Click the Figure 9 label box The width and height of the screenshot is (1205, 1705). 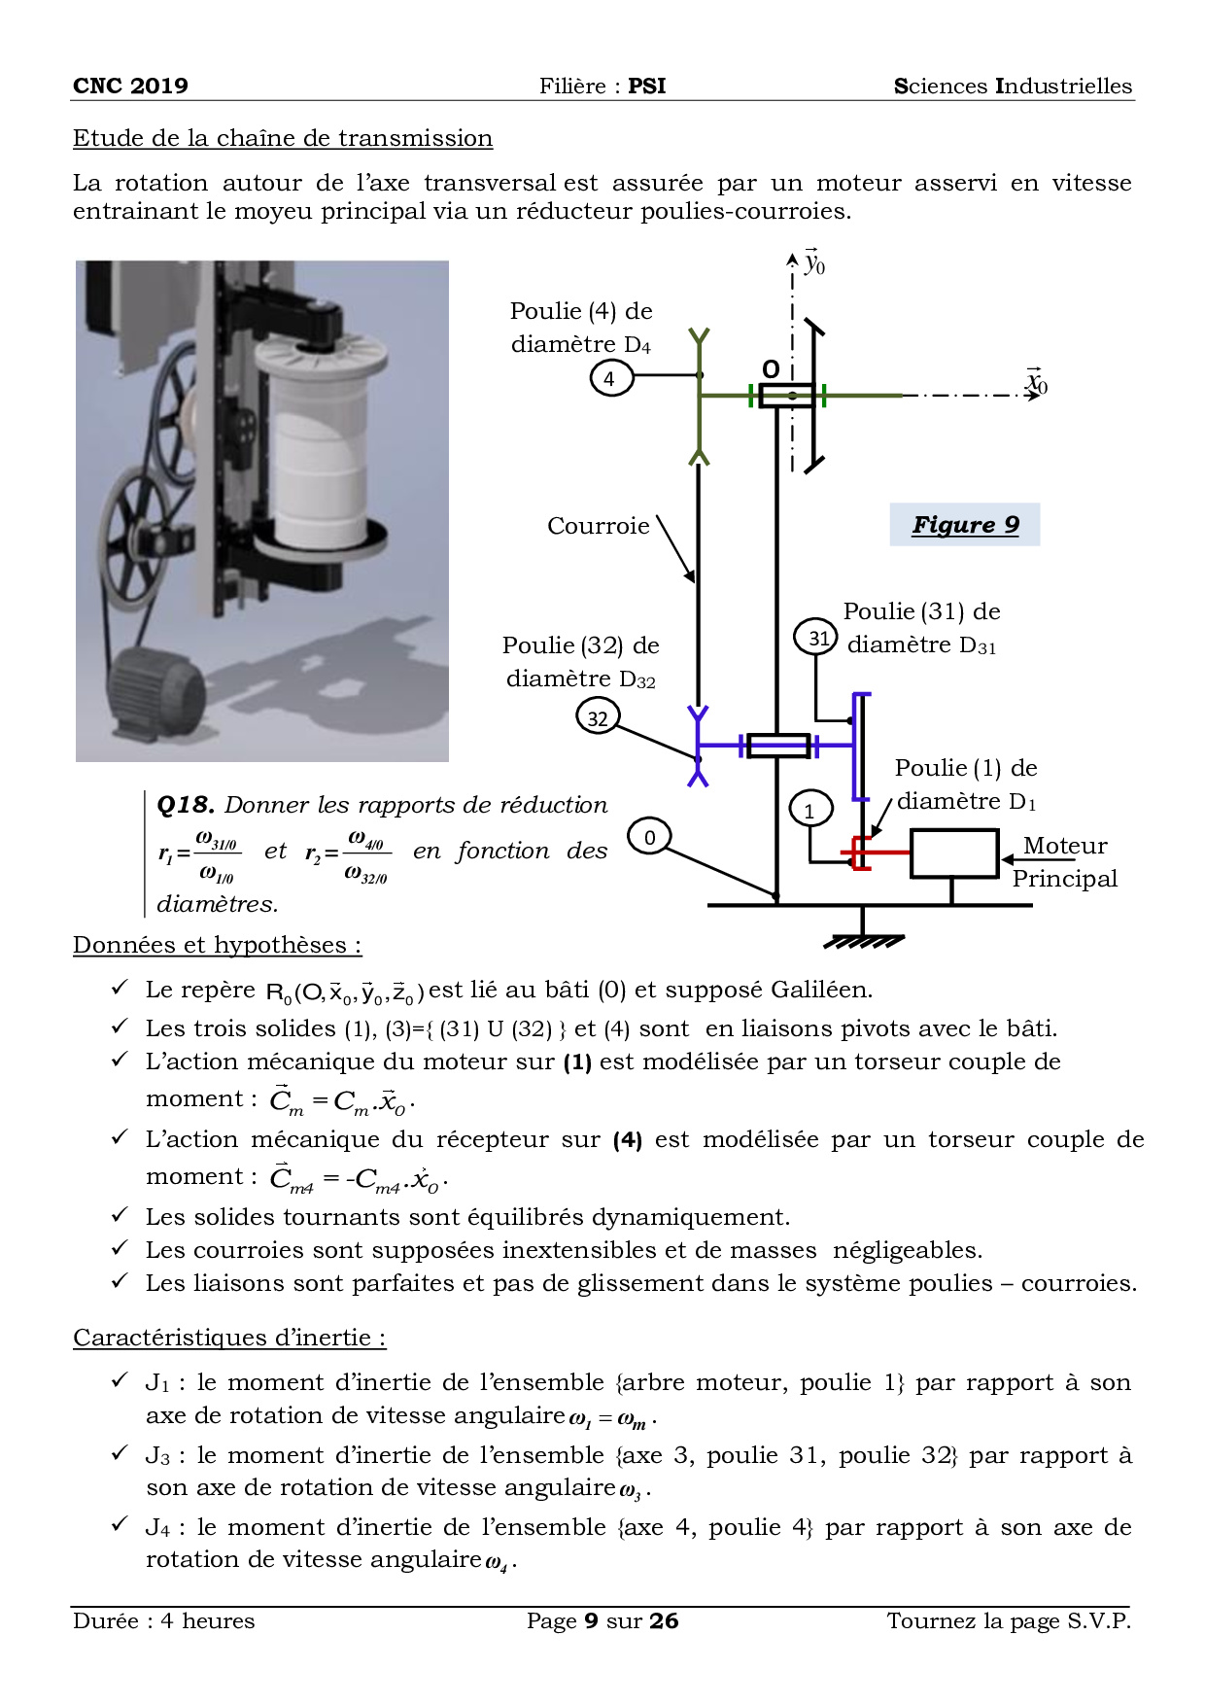tap(964, 525)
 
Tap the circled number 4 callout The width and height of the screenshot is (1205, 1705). tap(610, 377)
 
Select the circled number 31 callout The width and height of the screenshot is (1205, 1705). tap(817, 638)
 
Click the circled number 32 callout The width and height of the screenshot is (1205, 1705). tap(598, 718)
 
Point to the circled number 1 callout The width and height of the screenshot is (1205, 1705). tap(809, 808)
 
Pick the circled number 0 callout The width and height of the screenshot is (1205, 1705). tap(649, 837)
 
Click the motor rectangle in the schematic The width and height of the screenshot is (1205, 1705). tap(953, 853)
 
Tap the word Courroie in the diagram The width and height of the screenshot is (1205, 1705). tap(598, 526)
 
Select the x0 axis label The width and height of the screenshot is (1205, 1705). tap(1037, 382)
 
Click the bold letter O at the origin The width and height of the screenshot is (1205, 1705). tap(771, 369)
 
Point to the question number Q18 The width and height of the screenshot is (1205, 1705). tap(185, 805)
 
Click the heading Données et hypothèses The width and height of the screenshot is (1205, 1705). tap(218, 945)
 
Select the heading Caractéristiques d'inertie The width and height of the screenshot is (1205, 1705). tap(229, 1338)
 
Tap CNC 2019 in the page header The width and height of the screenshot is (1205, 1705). tap(130, 86)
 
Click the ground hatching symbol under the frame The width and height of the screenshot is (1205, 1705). tap(863, 940)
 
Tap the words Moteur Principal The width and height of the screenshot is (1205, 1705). tap(1065, 862)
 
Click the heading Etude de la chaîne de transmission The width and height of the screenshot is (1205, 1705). tap(283, 138)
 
